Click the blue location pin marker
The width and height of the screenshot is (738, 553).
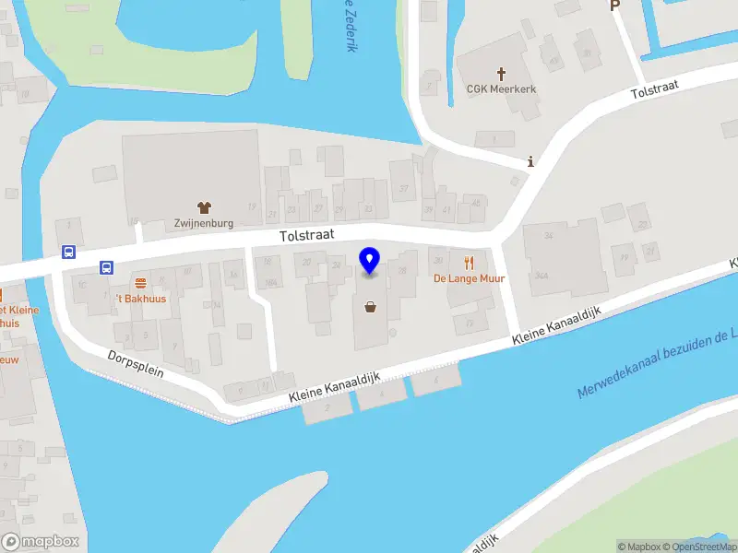[x=370, y=261]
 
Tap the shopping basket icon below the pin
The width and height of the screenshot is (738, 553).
[x=371, y=308]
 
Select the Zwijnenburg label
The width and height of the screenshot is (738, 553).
[x=204, y=223]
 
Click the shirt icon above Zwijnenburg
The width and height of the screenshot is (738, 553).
[x=204, y=206]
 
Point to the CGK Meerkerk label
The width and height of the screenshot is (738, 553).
[x=502, y=89]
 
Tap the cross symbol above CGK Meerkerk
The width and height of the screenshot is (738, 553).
[x=502, y=73]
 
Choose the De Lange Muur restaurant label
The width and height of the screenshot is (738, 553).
[x=469, y=278]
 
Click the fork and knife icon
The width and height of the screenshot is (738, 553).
[x=469, y=263]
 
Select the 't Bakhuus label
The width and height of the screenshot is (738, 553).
[x=140, y=300]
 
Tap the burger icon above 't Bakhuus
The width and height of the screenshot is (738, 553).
[x=140, y=283]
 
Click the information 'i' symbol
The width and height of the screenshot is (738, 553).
[x=530, y=162]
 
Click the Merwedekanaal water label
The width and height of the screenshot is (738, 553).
[x=657, y=365]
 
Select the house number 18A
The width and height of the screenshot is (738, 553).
[x=270, y=283]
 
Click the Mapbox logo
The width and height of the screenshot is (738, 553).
[x=41, y=542]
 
